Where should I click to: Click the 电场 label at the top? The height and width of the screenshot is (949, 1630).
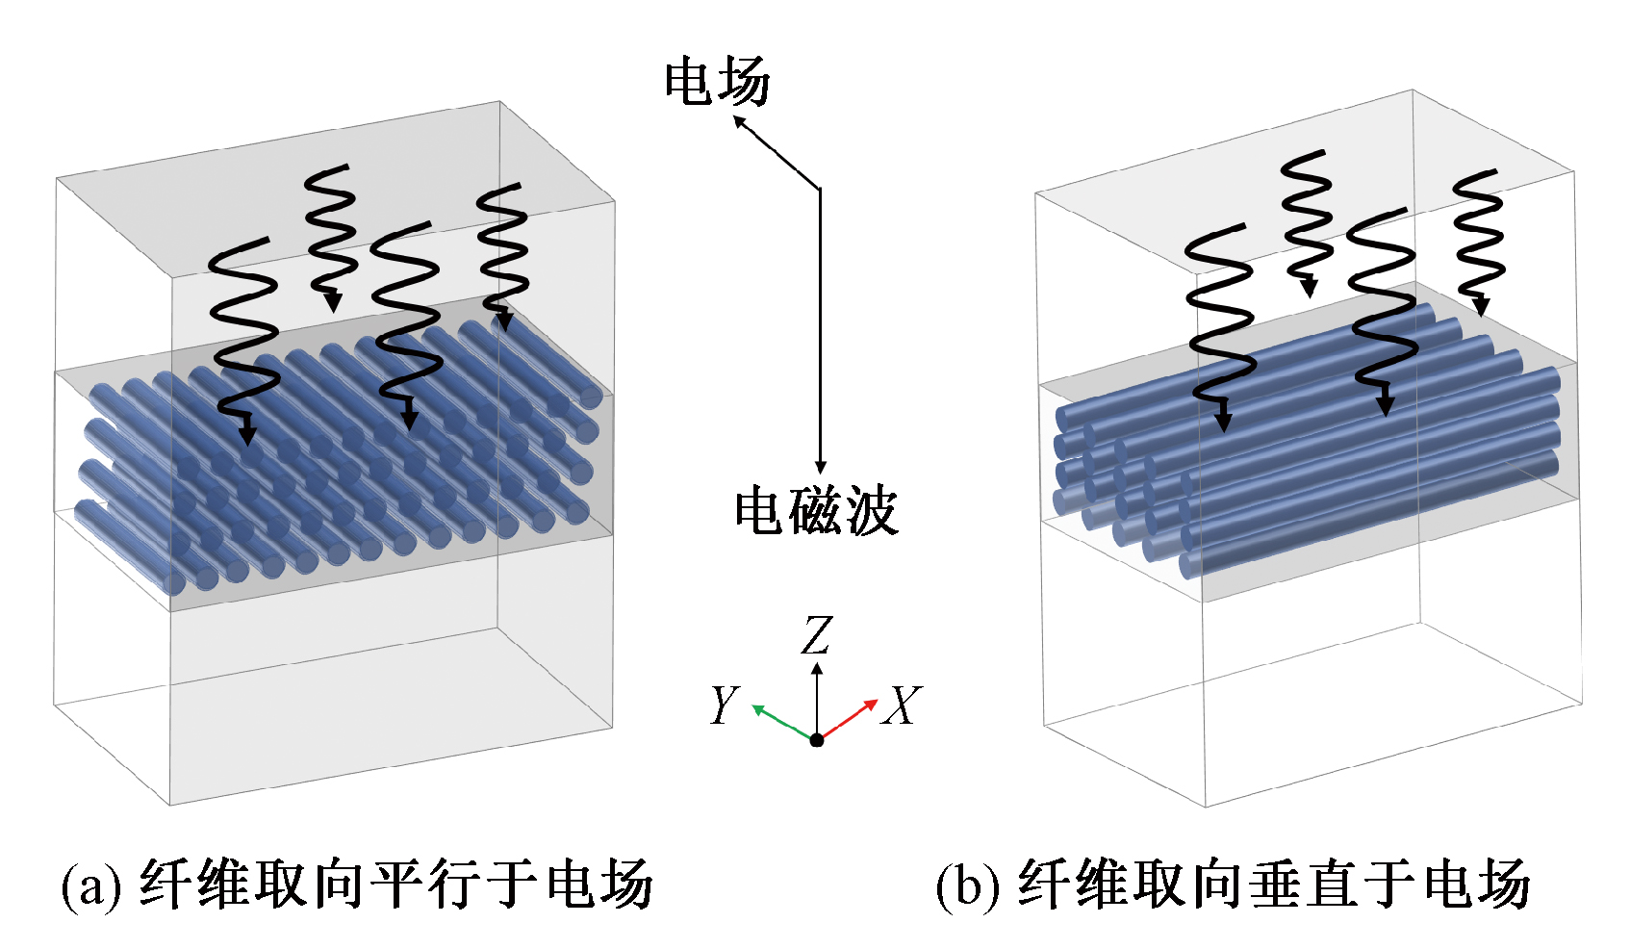[717, 81]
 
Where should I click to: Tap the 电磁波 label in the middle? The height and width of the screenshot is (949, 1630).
[816, 511]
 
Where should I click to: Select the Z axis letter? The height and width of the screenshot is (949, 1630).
[817, 634]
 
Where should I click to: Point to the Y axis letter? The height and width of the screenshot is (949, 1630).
[725, 705]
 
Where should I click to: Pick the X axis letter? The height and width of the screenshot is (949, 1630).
[902, 705]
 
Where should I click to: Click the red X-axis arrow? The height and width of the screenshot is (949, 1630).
[848, 720]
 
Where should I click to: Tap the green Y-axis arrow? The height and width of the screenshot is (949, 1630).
[783, 722]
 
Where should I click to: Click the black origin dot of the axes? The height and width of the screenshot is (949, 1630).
[817, 740]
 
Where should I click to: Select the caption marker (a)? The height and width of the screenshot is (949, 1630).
[91, 885]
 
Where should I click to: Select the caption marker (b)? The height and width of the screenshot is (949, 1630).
[967, 885]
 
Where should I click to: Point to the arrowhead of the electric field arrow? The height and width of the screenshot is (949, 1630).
[739, 121]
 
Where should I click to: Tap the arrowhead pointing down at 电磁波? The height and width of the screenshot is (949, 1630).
[820, 467]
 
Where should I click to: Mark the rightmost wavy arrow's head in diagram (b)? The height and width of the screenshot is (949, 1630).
[1480, 306]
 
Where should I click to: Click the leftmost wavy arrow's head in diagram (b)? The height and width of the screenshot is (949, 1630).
[1224, 421]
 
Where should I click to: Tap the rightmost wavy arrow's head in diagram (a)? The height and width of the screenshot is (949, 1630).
[503, 321]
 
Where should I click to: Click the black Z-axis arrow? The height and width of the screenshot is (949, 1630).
[817, 700]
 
